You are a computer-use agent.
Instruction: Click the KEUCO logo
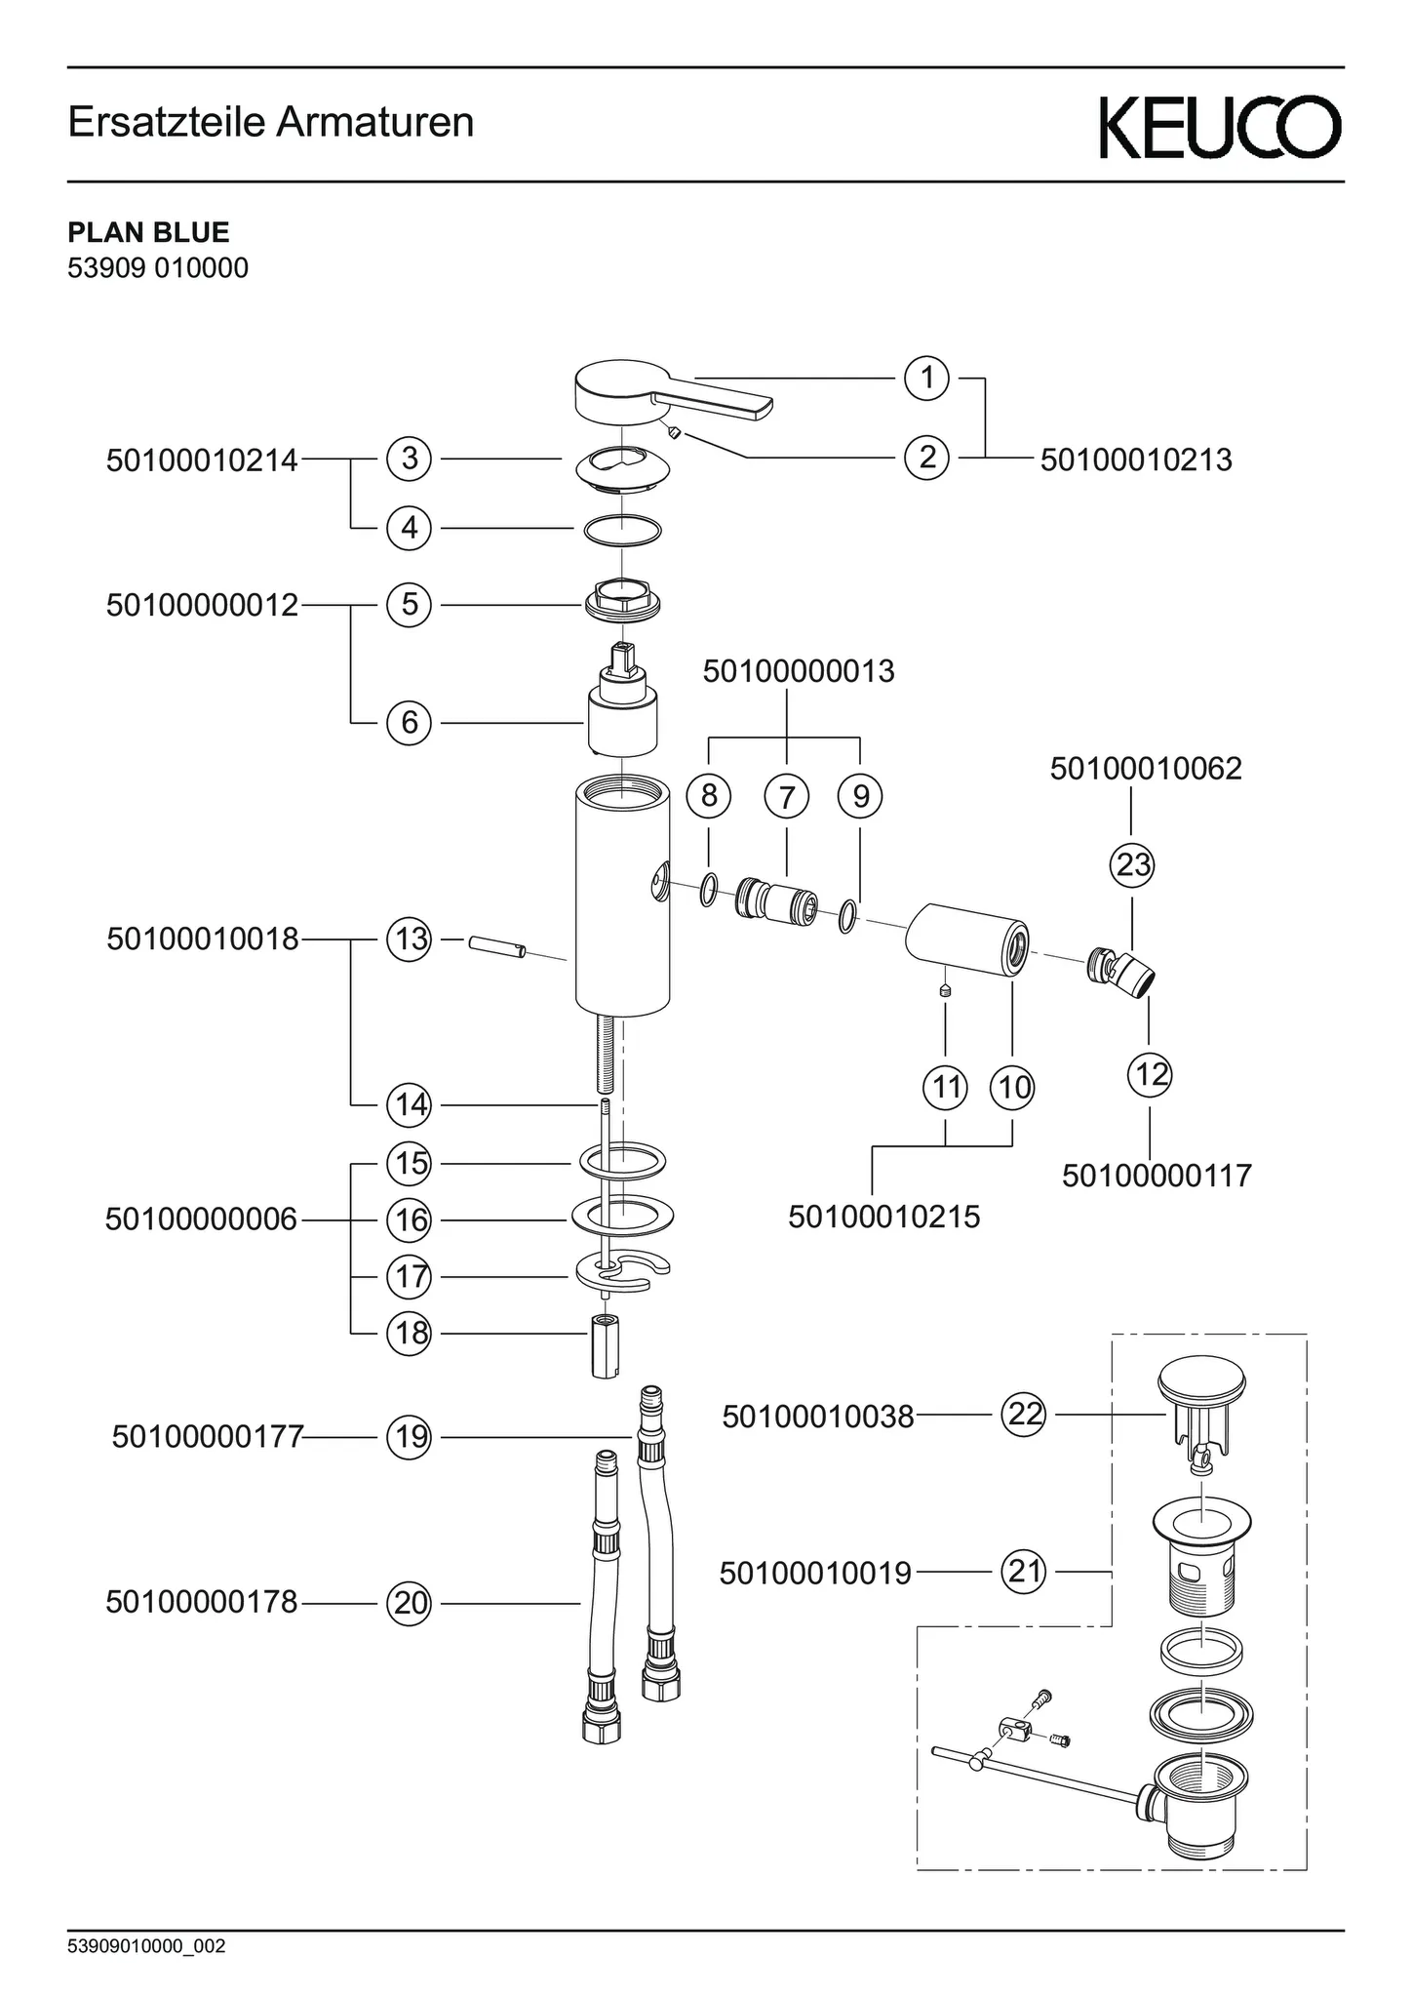point(1220,127)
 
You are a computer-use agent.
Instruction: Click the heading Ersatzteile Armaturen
point(271,123)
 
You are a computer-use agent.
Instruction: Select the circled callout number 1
point(926,378)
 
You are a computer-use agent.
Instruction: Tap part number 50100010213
point(1136,460)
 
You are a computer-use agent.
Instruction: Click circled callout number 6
point(410,723)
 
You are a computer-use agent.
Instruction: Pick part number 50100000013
point(798,671)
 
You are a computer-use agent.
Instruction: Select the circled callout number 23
point(1132,864)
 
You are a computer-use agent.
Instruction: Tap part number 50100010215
point(883,1217)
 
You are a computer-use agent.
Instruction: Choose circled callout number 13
point(410,939)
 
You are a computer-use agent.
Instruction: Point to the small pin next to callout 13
point(496,946)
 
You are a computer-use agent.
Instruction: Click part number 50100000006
point(201,1219)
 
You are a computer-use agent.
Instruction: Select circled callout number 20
point(410,1603)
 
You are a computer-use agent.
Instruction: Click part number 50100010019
point(815,1573)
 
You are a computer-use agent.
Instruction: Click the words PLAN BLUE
point(148,232)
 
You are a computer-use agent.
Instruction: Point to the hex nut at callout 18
point(606,1346)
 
